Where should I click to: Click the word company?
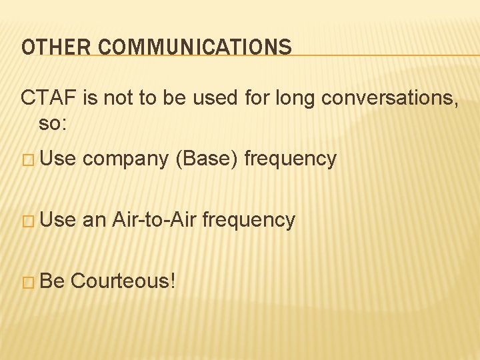click(125, 159)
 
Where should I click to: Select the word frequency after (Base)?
click(291, 159)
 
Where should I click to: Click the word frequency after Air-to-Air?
click(249, 220)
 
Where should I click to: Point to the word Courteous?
click(123, 281)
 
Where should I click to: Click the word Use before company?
click(58, 159)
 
